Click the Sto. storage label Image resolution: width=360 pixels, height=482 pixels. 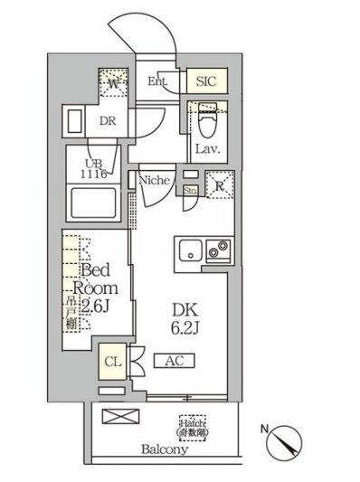point(190,191)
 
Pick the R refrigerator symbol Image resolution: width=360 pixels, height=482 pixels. point(219,187)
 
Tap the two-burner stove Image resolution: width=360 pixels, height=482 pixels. point(217,250)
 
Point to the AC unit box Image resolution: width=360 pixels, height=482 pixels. point(175,361)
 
